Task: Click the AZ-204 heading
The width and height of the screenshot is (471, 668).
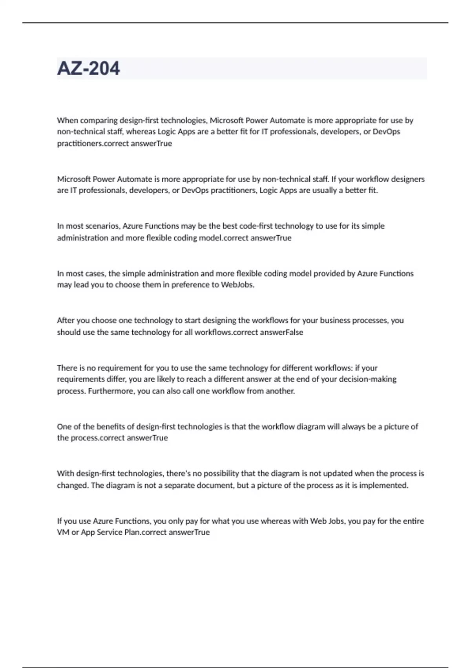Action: pyautogui.click(x=88, y=68)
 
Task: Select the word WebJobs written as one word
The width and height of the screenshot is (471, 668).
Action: pyautogui.click(x=237, y=285)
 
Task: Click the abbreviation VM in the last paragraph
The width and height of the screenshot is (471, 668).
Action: pyautogui.click(x=63, y=532)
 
